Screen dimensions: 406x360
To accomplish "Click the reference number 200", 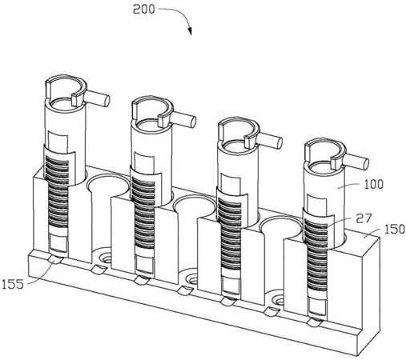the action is [x=144, y=10].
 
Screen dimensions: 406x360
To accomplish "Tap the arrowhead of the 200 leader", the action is [x=190, y=31].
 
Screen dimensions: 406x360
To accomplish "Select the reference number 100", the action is [x=374, y=184].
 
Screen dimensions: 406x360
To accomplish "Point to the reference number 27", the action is [x=364, y=218].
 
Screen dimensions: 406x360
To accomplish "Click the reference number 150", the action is [x=395, y=229].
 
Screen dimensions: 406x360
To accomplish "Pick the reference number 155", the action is [x=12, y=285].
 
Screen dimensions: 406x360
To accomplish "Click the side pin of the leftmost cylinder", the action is [x=98, y=98].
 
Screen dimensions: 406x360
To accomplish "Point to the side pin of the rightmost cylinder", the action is [x=357, y=161].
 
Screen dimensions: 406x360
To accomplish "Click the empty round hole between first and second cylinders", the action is [x=108, y=185].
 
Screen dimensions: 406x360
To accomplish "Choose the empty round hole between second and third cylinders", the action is [x=195, y=206].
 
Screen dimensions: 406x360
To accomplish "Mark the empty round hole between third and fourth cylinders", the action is [x=282, y=227].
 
